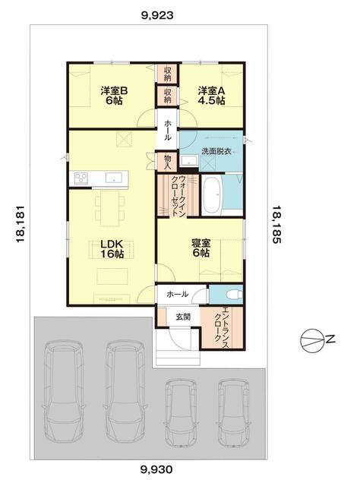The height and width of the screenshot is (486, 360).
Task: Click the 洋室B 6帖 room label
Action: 114,96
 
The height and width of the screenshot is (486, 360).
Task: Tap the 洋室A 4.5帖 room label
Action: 212,96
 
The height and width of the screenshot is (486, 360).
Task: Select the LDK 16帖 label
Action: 112,248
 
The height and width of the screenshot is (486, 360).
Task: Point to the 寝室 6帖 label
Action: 201,248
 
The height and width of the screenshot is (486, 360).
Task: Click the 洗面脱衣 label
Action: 216,151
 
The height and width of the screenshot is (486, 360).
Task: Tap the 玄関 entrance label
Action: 183,317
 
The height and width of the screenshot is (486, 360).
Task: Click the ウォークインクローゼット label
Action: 178,195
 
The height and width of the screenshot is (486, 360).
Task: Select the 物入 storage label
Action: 167,161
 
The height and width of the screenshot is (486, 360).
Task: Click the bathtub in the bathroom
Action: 211,195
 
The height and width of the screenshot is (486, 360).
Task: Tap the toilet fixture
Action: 235,294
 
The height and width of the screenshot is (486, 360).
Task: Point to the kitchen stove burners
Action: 81,178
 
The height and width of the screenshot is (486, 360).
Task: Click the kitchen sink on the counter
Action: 114,178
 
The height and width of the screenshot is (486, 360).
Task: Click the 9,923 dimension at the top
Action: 157,15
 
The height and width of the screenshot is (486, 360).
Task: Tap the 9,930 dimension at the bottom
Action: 156,469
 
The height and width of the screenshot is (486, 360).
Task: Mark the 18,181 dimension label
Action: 21,224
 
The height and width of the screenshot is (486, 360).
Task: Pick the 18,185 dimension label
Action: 276,225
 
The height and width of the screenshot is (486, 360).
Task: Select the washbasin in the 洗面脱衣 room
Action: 188,161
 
